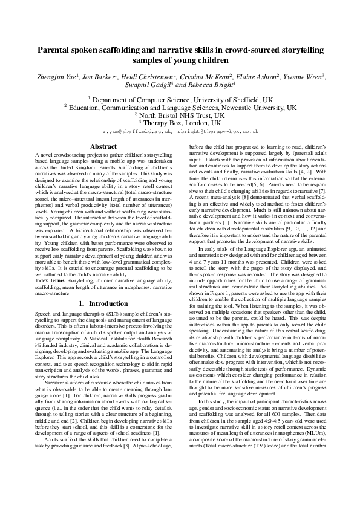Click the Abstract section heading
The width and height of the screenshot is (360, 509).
point(103,146)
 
